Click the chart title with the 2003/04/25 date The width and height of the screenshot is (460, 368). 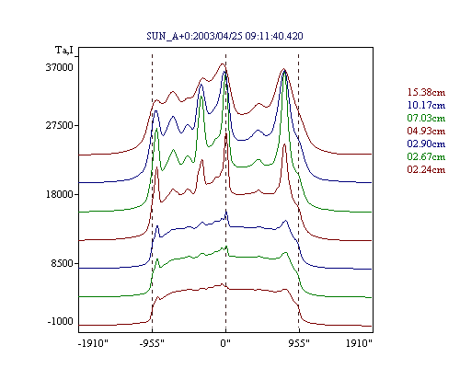pos(224,36)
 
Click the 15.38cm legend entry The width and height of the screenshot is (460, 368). pos(426,92)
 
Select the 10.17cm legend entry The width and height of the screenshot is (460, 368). pos(426,105)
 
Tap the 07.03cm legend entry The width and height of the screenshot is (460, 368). pos(426,118)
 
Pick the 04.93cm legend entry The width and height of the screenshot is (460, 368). pos(426,131)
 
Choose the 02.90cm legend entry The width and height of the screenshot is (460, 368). pos(426,144)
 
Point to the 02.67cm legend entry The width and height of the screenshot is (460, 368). pos(426,156)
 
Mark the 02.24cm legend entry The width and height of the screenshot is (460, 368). pos(426,169)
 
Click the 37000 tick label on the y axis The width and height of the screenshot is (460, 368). pos(60,67)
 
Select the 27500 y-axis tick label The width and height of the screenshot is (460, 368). pos(60,125)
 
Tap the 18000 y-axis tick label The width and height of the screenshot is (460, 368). pos(60,194)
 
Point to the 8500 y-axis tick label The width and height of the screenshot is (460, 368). pos(63,263)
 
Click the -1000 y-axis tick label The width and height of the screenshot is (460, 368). pos(61,321)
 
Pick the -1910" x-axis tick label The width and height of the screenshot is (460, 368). pos(94,343)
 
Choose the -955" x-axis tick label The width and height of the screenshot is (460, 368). pos(152,343)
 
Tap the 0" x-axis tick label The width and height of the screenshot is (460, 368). pos(225,343)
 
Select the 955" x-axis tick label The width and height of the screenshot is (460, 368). pos(299,343)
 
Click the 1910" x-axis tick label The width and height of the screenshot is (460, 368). pos(359,343)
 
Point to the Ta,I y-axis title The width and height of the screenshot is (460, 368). pos(64,50)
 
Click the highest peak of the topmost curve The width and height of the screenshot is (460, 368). pos(223,63)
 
